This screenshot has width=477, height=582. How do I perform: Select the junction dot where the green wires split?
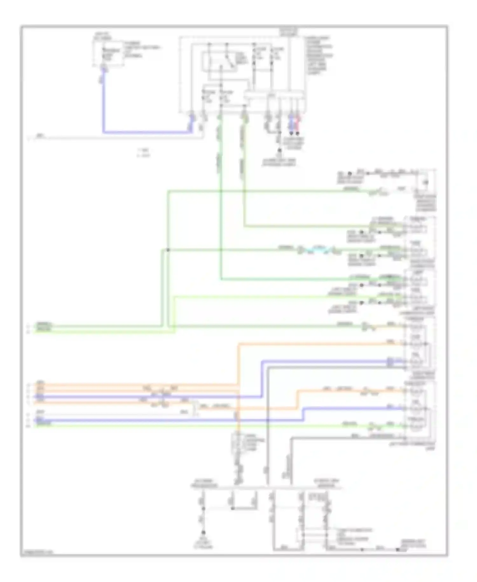(168, 250)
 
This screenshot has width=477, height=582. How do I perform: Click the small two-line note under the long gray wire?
(143, 153)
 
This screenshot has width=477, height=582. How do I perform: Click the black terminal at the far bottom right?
(397, 550)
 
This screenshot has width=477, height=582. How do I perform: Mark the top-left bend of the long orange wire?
(238, 344)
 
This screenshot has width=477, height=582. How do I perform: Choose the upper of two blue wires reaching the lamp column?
(318, 361)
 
